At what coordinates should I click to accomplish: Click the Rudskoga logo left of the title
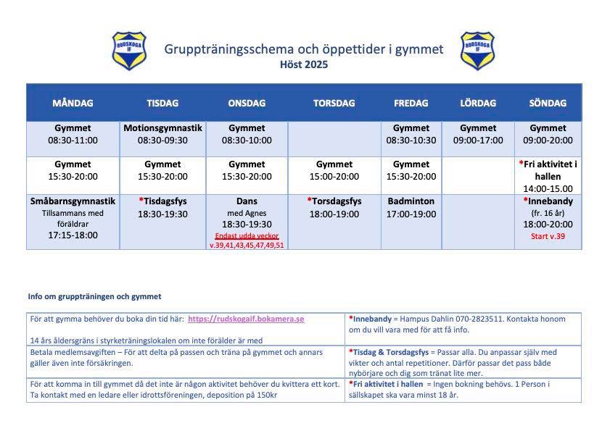(129, 50)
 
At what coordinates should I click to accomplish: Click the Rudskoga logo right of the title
(477, 50)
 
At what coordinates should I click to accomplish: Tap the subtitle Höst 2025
(304, 64)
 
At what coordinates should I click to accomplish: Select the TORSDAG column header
(334, 103)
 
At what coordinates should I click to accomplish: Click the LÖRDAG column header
(478, 103)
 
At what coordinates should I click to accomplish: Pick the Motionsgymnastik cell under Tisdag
(162, 134)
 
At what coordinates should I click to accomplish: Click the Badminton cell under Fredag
(411, 207)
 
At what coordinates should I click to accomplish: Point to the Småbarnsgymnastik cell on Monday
(73, 218)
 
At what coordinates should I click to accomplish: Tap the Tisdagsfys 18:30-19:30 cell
(162, 207)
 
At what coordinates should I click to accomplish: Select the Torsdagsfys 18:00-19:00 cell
(334, 207)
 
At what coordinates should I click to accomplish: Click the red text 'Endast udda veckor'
(247, 236)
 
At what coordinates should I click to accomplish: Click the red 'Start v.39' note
(548, 236)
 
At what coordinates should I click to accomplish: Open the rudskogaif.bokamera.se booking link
(246, 319)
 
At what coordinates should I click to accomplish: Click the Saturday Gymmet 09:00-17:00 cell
(478, 134)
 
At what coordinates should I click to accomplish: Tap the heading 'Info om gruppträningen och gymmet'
(94, 296)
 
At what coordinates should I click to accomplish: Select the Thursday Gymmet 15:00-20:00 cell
(334, 170)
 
